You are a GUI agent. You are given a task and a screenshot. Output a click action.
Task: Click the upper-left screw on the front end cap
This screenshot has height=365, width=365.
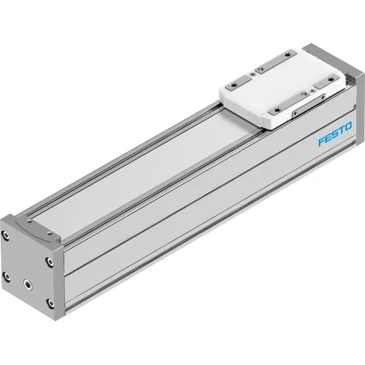tap(8, 242)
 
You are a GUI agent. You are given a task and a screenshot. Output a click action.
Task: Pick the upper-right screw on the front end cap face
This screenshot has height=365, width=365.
tap(48, 261)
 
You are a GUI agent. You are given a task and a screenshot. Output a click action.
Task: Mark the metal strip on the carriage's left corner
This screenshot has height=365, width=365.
tap(240, 84)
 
